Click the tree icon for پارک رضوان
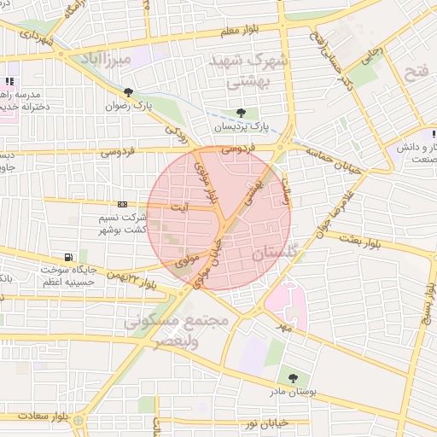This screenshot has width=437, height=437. point(128,92)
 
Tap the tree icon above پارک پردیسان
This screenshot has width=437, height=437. point(242,113)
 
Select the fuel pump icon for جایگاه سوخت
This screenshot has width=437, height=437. point(68,257)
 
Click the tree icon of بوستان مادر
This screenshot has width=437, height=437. point(294,378)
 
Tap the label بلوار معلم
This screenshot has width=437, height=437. point(238,32)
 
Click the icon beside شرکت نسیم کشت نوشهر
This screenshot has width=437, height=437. point(122,205)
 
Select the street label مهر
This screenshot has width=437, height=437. point(284,326)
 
